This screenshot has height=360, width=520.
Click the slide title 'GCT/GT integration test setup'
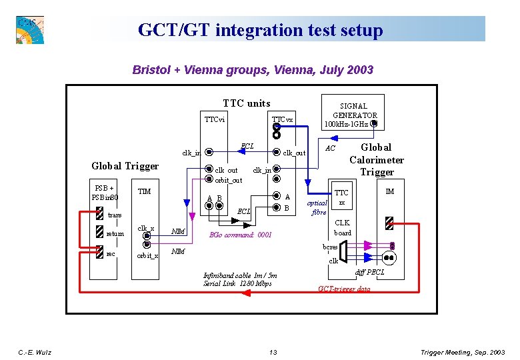pos(260,30)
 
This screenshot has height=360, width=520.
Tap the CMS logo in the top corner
pos(29,29)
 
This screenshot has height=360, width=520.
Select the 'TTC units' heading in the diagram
pos(246,103)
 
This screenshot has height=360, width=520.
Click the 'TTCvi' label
pos(215,120)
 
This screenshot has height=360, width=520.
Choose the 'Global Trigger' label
pos(125,166)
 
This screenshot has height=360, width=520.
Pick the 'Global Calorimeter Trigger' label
pos(377,159)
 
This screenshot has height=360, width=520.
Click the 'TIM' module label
pos(144,192)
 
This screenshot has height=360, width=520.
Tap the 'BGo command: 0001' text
pos(241,235)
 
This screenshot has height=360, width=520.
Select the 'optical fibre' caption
pos(317,207)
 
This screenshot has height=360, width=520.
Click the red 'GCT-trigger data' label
pos(344,289)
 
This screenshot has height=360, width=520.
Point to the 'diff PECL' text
pos(369,273)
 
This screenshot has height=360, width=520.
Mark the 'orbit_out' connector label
pos(228,180)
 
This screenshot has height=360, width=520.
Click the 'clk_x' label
pos(146,229)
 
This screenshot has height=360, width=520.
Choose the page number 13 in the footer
pos(273,352)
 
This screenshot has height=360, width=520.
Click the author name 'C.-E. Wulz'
pos(35,352)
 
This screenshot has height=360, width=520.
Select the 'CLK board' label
pos(342,228)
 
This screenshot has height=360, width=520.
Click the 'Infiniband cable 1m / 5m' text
pos(240,275)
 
